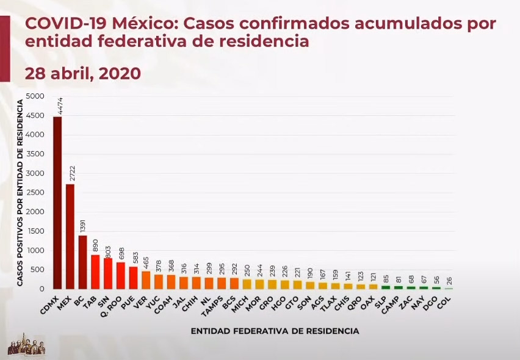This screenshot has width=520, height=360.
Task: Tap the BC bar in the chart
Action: [82, 262]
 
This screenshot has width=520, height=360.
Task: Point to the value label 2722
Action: [71, 173]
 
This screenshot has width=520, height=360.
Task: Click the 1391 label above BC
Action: [84, 225]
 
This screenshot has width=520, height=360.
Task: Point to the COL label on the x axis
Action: [444, 300]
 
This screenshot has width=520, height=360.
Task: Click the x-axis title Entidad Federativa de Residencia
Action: [274, 331]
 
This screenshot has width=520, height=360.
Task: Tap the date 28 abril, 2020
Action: [83, 73]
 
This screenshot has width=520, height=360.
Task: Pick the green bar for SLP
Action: [386, 286]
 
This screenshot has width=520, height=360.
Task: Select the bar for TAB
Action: [95, 272]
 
